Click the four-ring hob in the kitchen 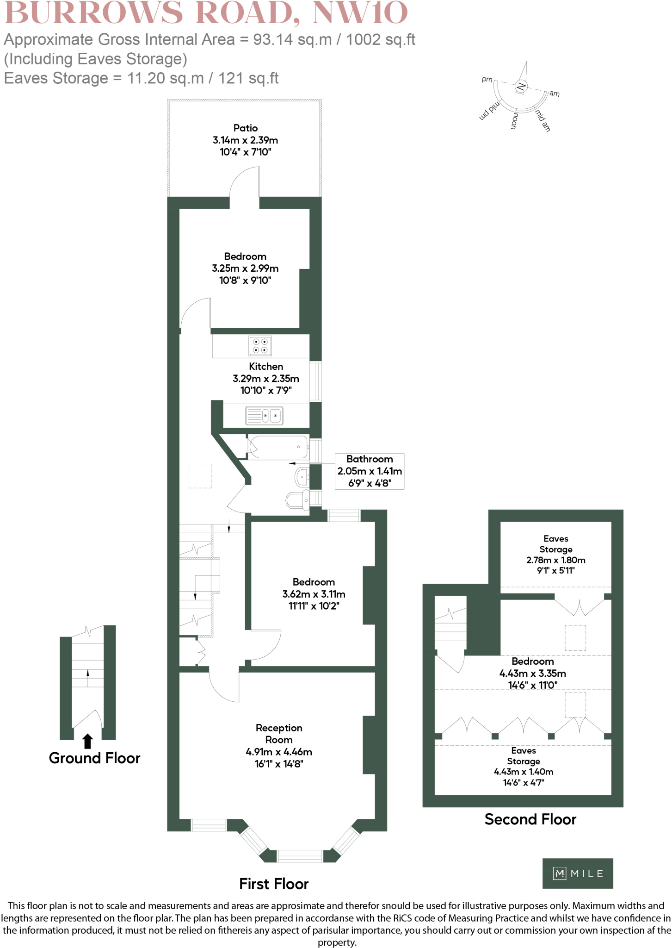(x=260, y=346)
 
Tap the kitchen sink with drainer (x=264, y=415)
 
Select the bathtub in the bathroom (x=278, y=447)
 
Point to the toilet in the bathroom (x=298, y=500)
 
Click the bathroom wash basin (x=302, y=477)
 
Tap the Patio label (x=245, y=128)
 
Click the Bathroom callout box (x=370, y=471)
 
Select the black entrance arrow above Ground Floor (x=87, y=741)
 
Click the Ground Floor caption (x=94, y=758)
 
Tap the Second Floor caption (x=530, y=819)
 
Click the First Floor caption (x=273, y=884)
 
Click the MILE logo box (x=578, y=873)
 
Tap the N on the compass (x=521, y=86)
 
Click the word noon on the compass (x=514, y=121)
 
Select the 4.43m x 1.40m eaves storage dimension (x=524, y=772)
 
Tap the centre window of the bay (x=300, y=856)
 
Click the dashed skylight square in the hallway (x=200, y=476)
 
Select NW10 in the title (x=360, y=12)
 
